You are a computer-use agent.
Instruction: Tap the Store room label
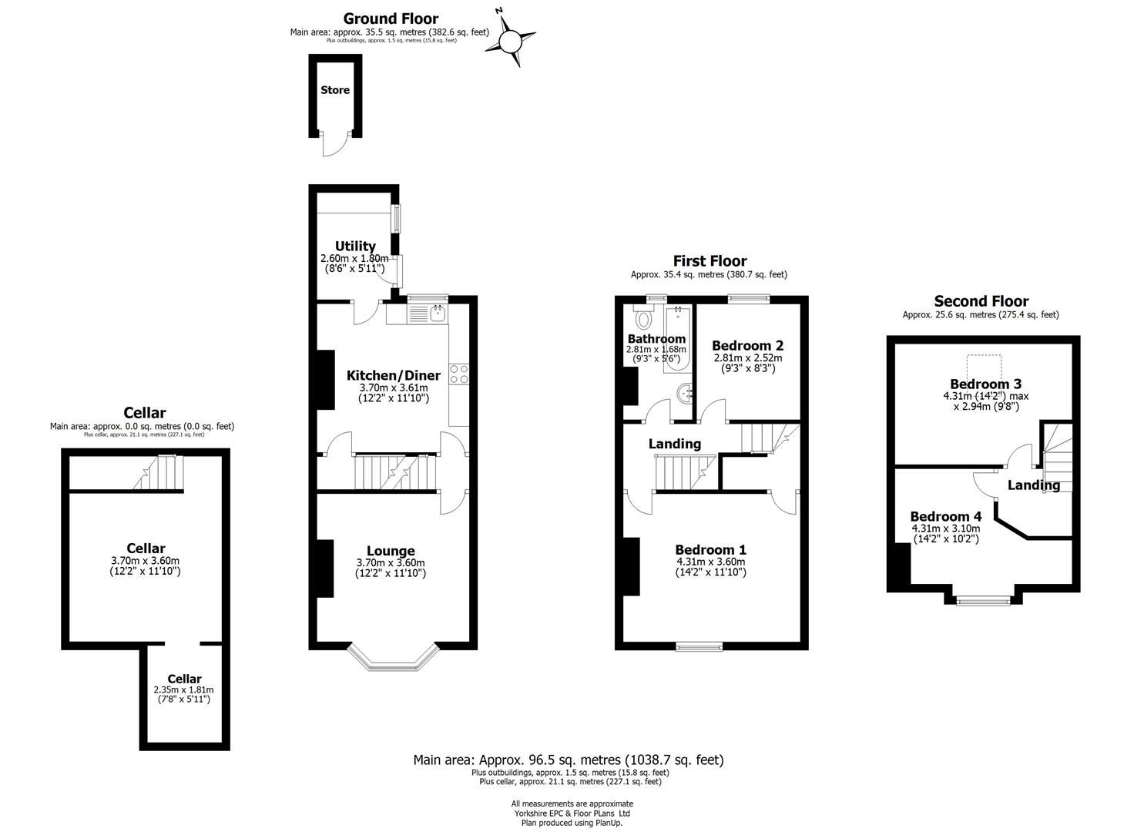[335, 90]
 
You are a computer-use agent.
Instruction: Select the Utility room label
[355, 247]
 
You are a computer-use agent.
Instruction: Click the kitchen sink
[438, 313]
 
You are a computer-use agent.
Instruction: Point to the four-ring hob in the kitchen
[458, 374]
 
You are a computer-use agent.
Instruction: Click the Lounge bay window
[393, 658]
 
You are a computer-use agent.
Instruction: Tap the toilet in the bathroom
[643, 317]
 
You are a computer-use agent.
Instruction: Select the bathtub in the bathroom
[677, 340]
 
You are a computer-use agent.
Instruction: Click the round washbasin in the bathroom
[685, 393]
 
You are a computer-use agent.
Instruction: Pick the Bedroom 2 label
[748, 346]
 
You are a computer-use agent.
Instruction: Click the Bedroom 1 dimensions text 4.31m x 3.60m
[710, 562]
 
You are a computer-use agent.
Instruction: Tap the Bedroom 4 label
[946, 516]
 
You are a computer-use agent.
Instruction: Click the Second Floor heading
[981, 300]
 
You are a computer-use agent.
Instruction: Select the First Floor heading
[710, 261]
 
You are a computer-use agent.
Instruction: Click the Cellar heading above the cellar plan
[145, 413]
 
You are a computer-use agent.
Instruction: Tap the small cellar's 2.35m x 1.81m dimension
[184, 689]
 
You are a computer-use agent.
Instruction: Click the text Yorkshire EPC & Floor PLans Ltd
[572, 813]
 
